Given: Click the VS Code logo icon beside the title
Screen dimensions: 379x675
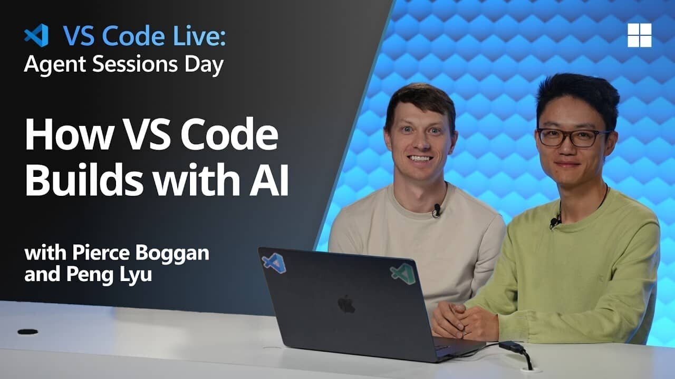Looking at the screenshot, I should pos(36,35).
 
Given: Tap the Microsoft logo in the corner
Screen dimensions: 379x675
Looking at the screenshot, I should pos(639,35).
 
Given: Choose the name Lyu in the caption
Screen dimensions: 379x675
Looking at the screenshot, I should pos(136,275).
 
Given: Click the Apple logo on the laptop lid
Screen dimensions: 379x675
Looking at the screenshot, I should pos(346,304).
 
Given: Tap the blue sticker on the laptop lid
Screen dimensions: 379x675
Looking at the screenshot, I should pos(274,262).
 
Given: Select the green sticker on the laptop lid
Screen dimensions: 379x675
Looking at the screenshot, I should pos(402,273).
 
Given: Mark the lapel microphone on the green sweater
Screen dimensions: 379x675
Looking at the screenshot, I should pos(554,222).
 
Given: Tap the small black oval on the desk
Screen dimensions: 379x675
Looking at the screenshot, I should pos(27,332).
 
